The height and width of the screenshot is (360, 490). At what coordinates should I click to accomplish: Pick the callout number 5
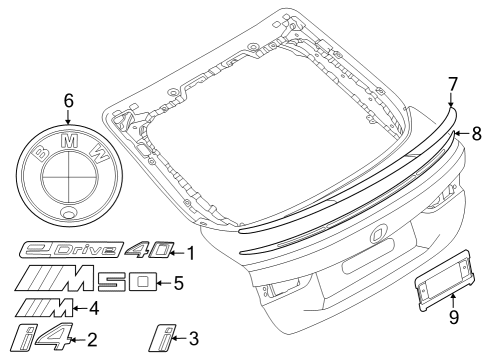click(x=178, y=282)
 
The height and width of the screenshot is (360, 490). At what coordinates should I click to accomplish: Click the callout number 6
click(x=68, y=100)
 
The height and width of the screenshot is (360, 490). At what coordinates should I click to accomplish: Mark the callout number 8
click(x=476, y=131)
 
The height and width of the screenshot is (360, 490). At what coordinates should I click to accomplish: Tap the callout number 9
click(x=454, y=320)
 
